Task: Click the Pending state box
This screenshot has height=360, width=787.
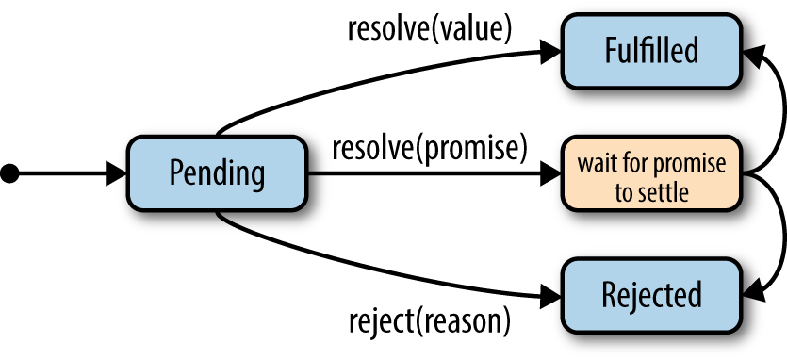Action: (217, 172)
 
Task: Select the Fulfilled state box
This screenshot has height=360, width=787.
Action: (651, 49)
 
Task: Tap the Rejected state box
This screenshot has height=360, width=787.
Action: (651, 295)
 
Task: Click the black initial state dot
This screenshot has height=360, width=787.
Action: (10, 172)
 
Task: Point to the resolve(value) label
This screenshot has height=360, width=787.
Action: (429, 28)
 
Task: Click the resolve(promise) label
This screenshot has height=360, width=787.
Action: (428, 147)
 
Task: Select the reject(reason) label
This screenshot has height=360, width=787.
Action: (429, 320)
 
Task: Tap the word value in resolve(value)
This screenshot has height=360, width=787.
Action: (477, 28)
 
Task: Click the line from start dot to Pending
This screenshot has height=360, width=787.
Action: (61, 172)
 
